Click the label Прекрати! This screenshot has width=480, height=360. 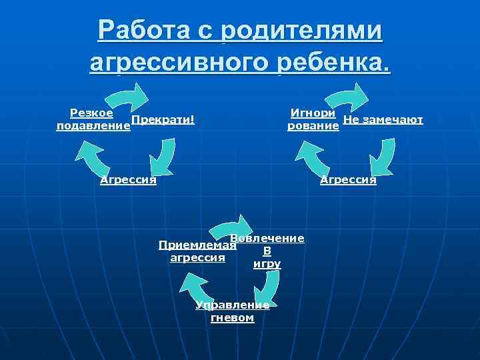163,119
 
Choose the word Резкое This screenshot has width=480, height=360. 91,113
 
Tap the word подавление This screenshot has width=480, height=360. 93,126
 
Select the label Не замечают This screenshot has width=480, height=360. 383,119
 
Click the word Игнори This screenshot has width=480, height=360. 313,113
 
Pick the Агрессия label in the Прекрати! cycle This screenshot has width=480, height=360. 128,179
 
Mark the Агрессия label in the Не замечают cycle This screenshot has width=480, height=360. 348,179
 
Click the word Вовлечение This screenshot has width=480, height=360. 267,238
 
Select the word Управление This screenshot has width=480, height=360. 232,305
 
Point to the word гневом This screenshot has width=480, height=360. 232,318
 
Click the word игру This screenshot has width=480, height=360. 267,264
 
